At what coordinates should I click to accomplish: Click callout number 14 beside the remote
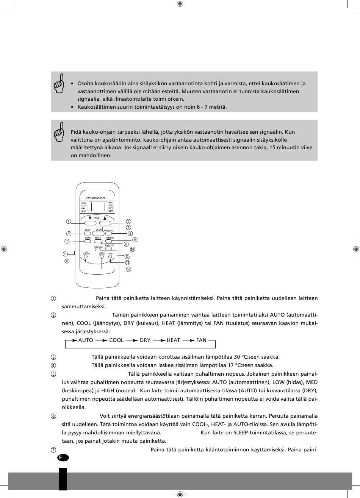pyautogui.click(x=128, y=269)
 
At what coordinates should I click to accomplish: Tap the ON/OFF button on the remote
pyautogui.click(x=99, y=234)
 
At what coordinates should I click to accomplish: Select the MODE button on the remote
pyautogui.click(x=88, y=234)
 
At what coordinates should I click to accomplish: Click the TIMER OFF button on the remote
pyautogui.click(x=110, y=248)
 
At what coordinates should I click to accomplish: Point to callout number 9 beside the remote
pyautogui.click(x=135, y=240)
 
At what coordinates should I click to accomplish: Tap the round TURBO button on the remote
pyautogui.click(x=110, y=257)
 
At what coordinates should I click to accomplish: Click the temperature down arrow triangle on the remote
pyautogui.click(x=90, y=218)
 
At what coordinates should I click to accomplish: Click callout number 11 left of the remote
pyautogui.click(x=65, y=254)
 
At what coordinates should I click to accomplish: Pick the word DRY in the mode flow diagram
pyautogui.click(x=145, y=340)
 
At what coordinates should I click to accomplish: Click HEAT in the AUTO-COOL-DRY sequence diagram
pyautogui.click(x=173, y=340)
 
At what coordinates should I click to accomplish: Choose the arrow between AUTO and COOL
pyautogui.click(x=101, y=340)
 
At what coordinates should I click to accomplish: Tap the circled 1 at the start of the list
pyautogui.click(x=53, y=298)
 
